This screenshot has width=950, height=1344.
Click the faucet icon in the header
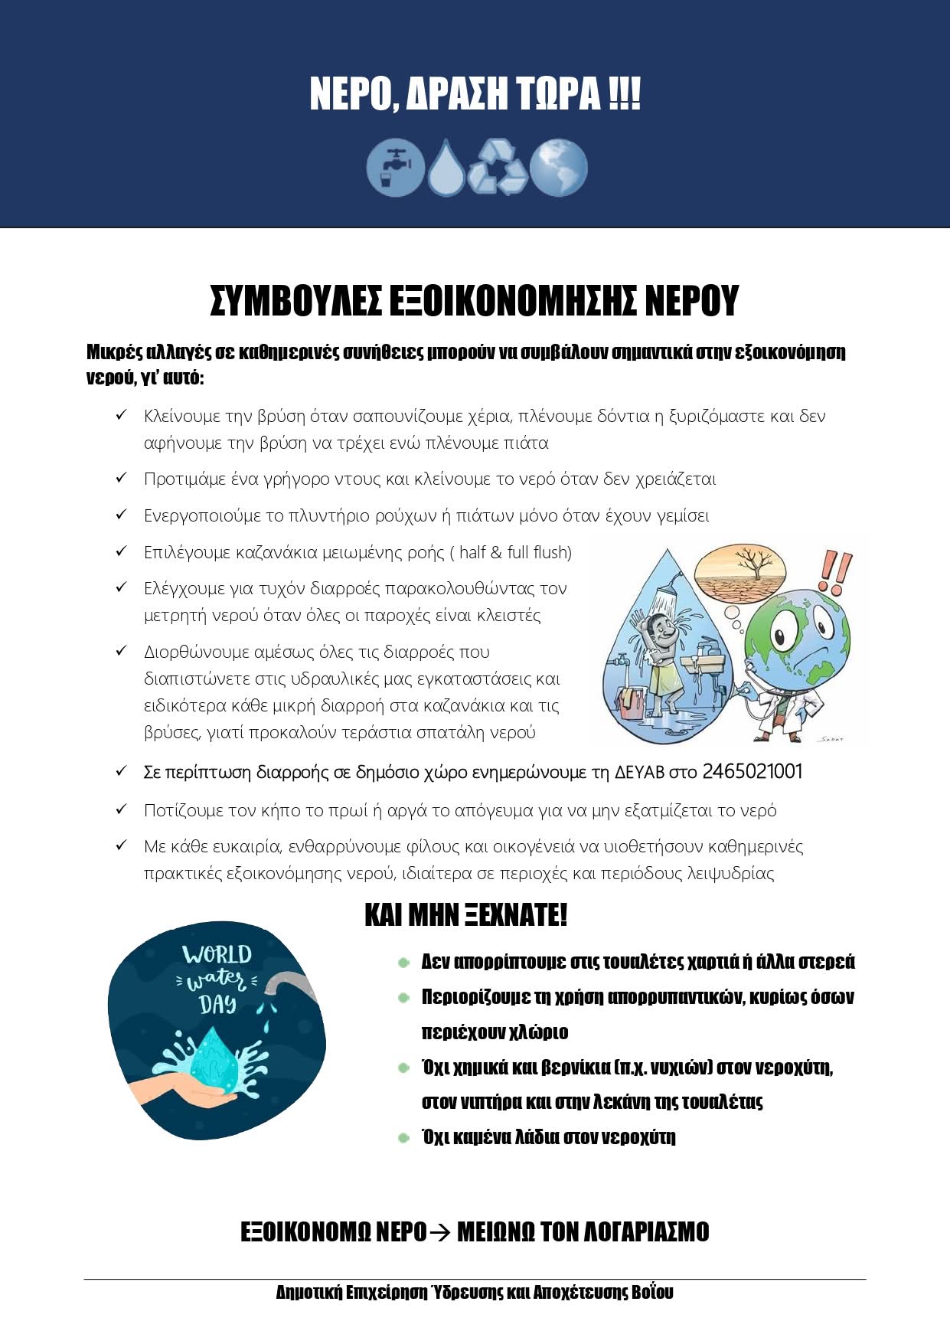[x=395, y=167]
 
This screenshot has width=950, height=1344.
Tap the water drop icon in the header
[x=446, y=167]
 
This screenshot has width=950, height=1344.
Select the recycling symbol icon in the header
[x=498, y=167]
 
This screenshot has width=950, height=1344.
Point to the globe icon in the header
[x=558, y=167]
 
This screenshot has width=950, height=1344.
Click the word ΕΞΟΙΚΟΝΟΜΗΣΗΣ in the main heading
[x=512, y=300]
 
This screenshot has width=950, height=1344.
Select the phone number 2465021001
[x=752, y=771]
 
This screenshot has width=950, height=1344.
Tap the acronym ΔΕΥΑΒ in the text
[x=640, y=772]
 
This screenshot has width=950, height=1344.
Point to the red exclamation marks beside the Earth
[x=835, y=571]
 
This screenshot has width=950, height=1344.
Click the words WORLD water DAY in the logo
[x=217, y=979]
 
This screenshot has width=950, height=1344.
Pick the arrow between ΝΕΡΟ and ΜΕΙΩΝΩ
[x=441, y=1232]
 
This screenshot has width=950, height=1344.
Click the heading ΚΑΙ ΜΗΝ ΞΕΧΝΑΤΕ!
[x=465, y=915]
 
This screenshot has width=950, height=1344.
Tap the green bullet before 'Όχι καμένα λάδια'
[x=404, y=1138]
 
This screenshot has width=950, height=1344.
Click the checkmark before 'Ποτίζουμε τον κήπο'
[x=121, y=809]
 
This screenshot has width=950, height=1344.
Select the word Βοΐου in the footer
[x=653, y=1293]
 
